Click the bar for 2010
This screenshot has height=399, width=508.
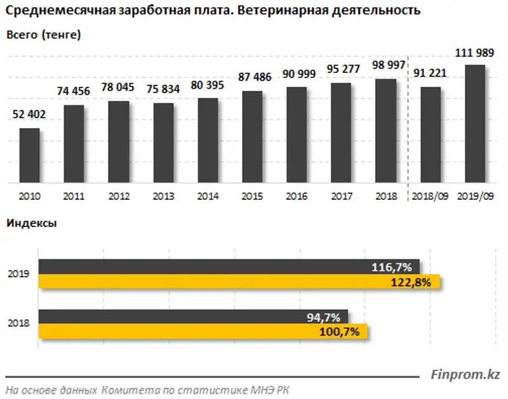(x=29, y=156)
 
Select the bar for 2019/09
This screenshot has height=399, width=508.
(x=475, y=124)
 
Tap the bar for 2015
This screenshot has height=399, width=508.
(x=252, y=137)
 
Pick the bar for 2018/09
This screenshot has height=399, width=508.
(x=431, y=135)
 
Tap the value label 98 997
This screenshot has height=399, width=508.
(x=387, y=66)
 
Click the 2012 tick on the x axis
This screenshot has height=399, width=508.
(x=119, y=196)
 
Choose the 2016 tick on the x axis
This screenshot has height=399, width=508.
(x=297, y=196)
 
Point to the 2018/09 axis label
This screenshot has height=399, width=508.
(x=431, y=196)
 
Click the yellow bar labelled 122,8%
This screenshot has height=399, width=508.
(x=241, y=282)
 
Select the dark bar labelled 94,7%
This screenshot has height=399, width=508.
(x=193, y=316)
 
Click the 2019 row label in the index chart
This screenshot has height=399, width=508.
(x=18, y=275)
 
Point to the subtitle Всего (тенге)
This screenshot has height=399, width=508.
(x=43, y=36)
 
